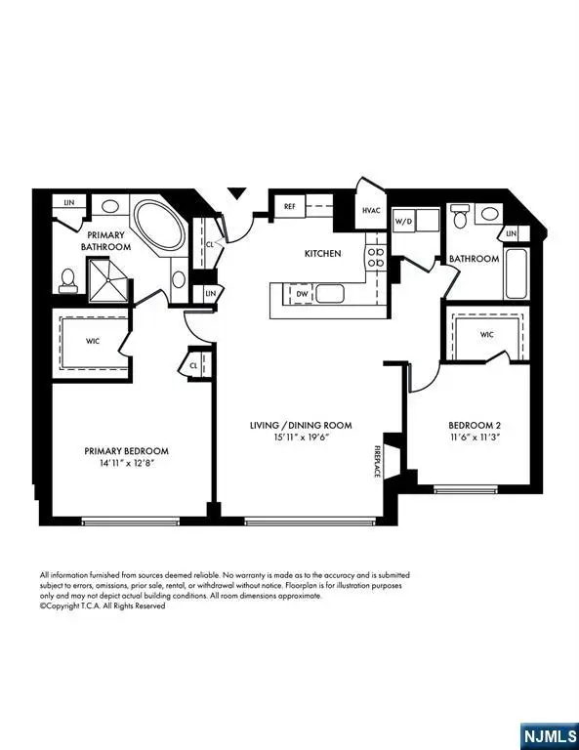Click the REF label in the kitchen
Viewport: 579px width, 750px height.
pos(290,207)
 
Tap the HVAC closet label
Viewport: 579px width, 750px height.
pos(371,210)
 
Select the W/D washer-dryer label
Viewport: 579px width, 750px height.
pos(403,222)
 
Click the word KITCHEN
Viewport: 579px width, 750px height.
pos(323,254)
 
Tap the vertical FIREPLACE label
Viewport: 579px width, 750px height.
pos(377,459)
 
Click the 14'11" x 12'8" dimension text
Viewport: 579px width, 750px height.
pos(127,464)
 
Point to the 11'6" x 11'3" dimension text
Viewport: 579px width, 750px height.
pos(475,438)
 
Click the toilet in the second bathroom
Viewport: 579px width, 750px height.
pos(460,217)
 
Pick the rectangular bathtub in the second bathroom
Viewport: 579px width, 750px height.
pos(517,274)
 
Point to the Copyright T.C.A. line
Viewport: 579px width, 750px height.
pos(103,605)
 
